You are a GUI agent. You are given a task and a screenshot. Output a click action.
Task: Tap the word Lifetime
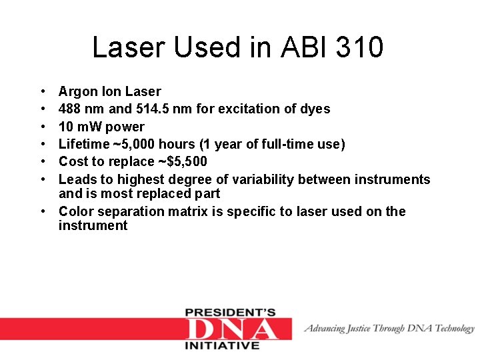[x=82, y=144]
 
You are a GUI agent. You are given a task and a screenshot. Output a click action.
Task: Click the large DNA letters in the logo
[x=231, y=329]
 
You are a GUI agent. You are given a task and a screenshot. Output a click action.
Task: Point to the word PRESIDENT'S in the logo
[x=230, y=312]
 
